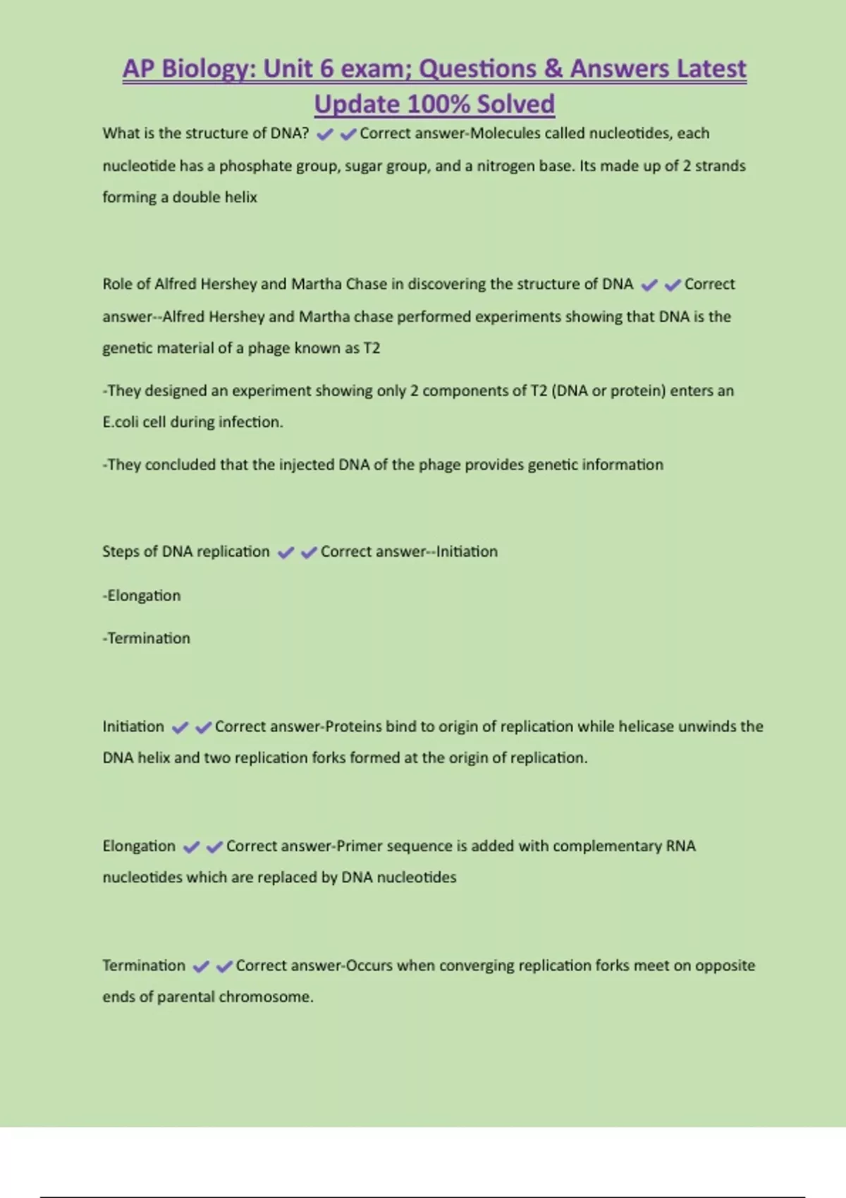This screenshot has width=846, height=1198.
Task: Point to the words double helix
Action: [x=215, y=197]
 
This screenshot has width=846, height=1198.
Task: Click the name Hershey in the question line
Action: [x=229, y=284]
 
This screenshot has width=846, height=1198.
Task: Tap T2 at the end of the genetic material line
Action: [x=372, y=348]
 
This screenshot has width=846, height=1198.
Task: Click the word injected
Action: [x=307, y=465]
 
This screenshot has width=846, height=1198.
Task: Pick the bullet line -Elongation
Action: [x=142, y=595]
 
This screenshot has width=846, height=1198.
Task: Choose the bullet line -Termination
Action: [x=147, y=638]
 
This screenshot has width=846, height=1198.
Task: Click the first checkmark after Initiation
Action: [x=180, y=727]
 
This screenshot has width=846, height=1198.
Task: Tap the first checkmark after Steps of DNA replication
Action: [x=286, y=552]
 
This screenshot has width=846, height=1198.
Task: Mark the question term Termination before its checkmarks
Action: [x=144, y=965]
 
